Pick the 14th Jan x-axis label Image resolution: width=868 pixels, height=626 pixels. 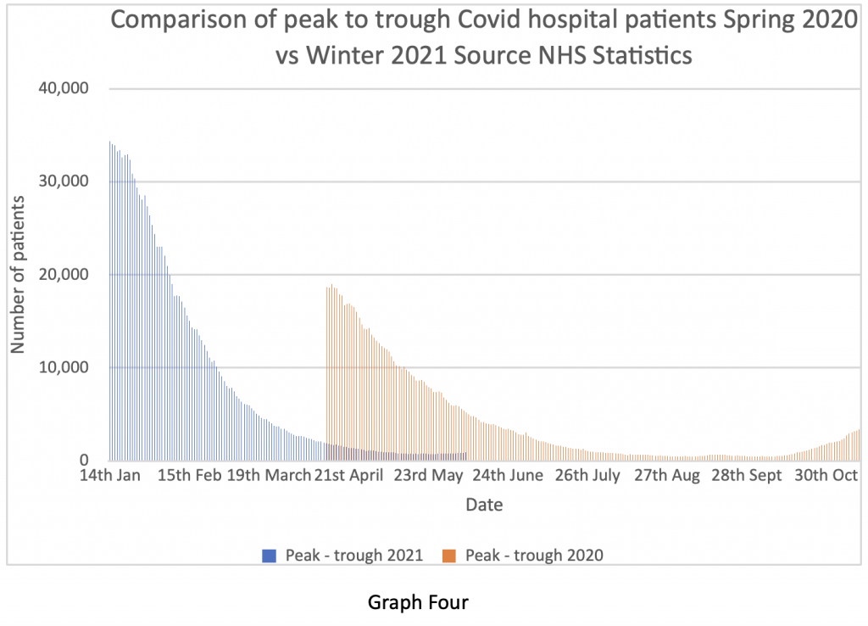(x=109, y=476)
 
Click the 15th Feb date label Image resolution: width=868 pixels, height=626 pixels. (x=189, y=476)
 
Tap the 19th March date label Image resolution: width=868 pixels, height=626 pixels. (x=270, y=476)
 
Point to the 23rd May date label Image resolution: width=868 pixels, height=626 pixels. (x=429, y=476)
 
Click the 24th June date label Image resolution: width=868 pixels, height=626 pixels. (x=509, y=476)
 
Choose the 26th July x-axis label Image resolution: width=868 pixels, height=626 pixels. (x=587, y=476)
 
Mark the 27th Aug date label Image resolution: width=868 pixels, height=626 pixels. (x=667, y=476)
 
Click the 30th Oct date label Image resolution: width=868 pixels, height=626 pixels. (x=826, y=476)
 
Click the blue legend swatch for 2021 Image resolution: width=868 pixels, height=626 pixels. (x=270, y=556)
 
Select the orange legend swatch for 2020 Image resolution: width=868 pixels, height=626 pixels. (x=449, y=556)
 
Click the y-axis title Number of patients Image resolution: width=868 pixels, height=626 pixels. (x=18, y=274)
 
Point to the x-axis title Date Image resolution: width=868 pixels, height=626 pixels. (x=484, y=506)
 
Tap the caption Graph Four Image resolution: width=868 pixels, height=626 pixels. (x=418, y=603)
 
